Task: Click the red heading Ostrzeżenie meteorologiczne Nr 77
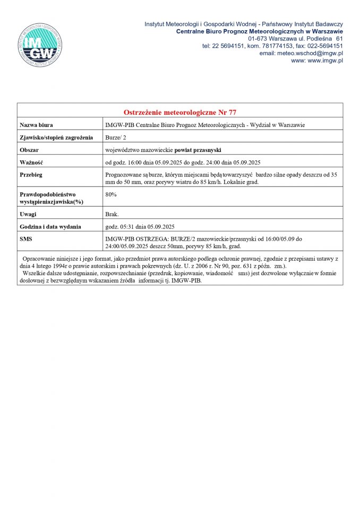179,113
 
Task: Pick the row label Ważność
31,163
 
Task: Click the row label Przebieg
31,175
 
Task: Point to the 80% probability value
111,194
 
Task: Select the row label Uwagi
28,214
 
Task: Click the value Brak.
112,214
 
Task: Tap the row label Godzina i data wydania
50,227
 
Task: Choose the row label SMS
26,239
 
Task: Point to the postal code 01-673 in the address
259,39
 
